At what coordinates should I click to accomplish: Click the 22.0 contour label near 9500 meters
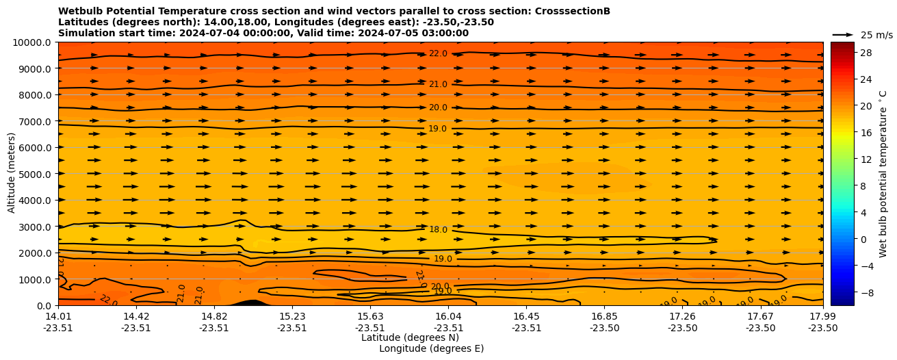(x=438, y=54)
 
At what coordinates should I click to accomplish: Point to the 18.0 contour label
(x=438, y=230)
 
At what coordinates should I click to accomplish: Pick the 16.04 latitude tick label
(x=448, y=316)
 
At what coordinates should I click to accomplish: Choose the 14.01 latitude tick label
(x=58, y=316)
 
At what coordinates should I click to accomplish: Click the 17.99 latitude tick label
(x=822, y=316)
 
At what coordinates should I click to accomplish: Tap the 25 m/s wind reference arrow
(x=842, y=35)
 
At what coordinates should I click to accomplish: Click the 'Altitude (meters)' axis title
(x=12, y=174)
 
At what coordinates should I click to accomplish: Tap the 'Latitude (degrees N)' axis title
(x=410, y=337)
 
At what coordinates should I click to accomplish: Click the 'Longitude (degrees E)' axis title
(x=431, y=348)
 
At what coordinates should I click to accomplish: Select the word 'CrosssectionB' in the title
(x=575, y=12)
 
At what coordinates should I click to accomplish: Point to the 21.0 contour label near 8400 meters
(x=438, y=85)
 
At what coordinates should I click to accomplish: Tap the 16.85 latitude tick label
(x=605, y=316)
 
